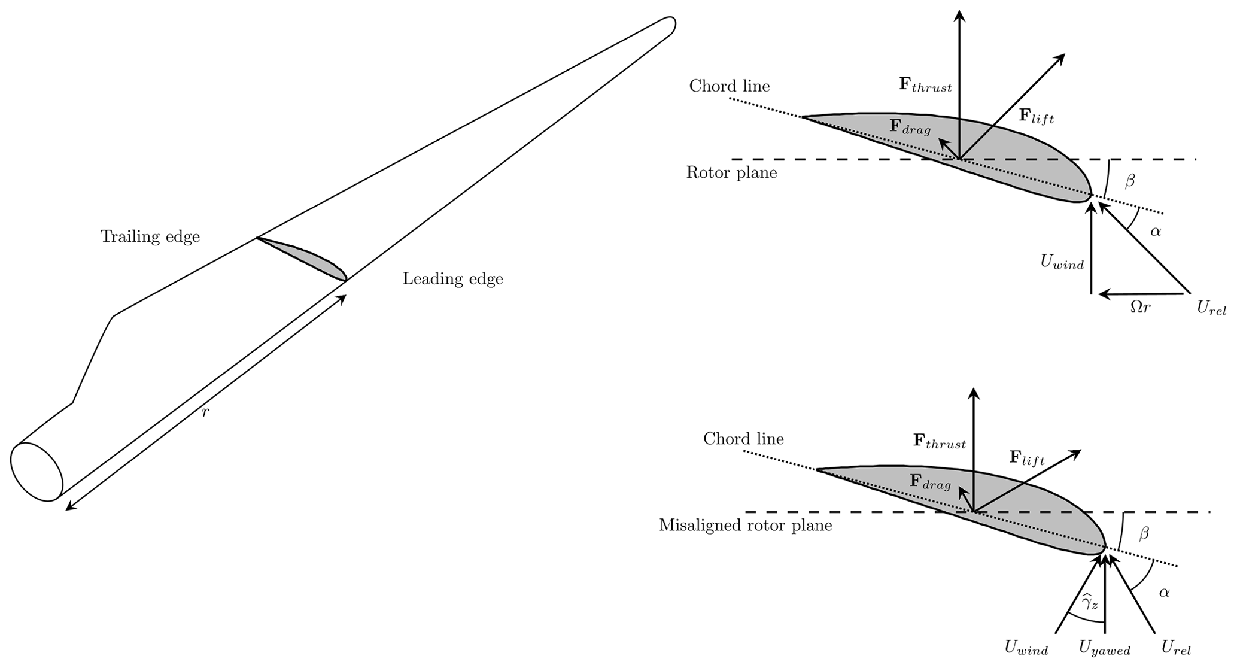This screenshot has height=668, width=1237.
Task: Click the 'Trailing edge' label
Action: coord(150,237)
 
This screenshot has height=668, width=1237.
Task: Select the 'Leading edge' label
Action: coord(452,279)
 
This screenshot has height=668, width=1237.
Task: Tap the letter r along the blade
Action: coord(205,412)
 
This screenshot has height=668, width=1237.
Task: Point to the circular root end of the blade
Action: coord(37,471)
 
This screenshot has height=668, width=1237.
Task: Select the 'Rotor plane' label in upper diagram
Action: coord(731,174)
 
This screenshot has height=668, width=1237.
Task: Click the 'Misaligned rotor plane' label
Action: coord(745,526)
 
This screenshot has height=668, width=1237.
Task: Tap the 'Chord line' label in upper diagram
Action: coord(729,86)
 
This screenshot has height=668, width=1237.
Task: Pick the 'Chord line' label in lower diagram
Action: coord(743,439)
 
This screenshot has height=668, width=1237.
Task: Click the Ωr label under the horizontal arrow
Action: coord(1140,308)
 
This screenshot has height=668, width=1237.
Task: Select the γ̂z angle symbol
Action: coord(1090,602)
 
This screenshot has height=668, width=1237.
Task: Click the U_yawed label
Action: coord(1104,649)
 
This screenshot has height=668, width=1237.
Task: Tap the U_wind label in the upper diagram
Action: coord(1062,262)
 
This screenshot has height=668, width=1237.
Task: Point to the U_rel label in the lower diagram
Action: coord(1175,648)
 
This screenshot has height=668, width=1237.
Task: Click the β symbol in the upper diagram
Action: coord(1130,180)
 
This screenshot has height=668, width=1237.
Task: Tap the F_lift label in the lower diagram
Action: coord(1026,459)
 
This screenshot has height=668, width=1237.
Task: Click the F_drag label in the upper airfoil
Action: coord(910,126)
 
